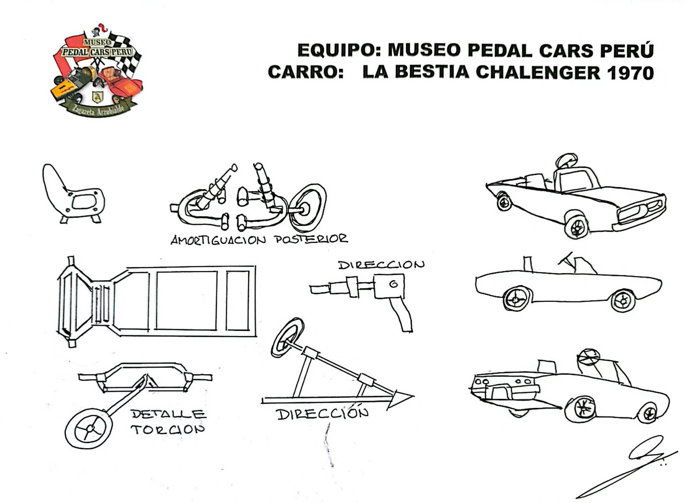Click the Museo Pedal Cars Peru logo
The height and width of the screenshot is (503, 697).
coord(97,71)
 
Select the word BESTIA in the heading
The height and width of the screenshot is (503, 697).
coord(432,72)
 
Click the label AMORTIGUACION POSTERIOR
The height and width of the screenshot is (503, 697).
coord(259,240)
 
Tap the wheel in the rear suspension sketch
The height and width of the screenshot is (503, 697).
coord(308,205)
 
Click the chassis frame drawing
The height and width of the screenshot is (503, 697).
coord(156,301)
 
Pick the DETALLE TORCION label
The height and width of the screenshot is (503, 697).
coord(168,422)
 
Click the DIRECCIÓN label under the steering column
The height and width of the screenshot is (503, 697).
coord(323,414)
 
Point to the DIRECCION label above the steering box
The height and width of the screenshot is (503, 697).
coord(381,265)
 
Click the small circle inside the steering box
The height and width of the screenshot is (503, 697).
coord(393,284)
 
